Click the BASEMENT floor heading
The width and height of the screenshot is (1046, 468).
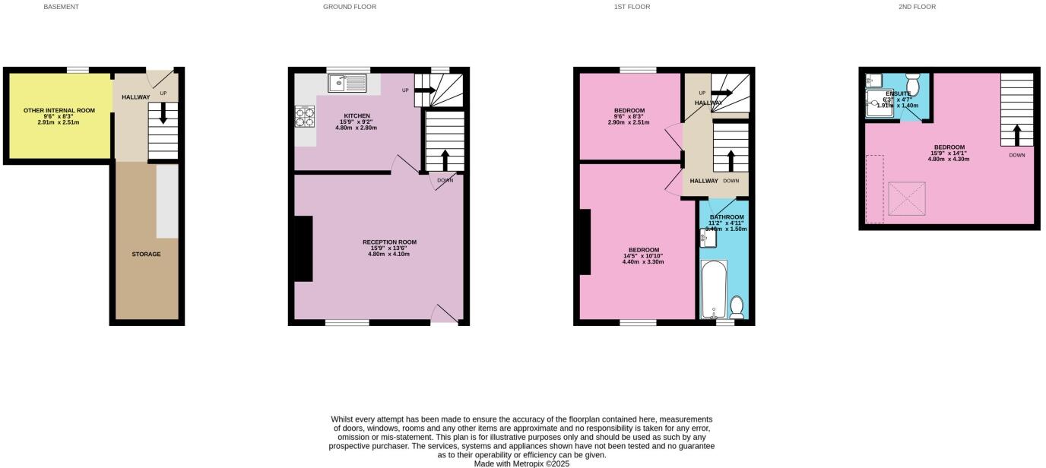coord(61,7)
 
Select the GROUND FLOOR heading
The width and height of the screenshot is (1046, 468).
coord(349,7)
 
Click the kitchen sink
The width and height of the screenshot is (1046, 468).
coord(347,83)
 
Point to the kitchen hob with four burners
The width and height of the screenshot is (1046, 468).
coord(305,117)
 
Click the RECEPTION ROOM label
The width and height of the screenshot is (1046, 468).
coord(388,242)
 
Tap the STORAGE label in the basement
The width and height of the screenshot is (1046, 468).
coord(146,255)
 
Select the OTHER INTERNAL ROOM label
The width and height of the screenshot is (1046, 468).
coord(59,110)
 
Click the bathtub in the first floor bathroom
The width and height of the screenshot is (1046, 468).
coord(713,289)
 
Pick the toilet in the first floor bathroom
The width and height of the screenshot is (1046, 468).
coord(737,307)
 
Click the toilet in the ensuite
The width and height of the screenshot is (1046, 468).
coord(913,81)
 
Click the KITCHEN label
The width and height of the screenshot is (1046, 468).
coord(357,115)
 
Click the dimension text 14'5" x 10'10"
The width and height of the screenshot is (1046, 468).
coord(643,256)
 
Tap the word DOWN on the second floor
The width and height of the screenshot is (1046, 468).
coord(1016,155)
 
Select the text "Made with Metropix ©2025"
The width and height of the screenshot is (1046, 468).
coord(521,463)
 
